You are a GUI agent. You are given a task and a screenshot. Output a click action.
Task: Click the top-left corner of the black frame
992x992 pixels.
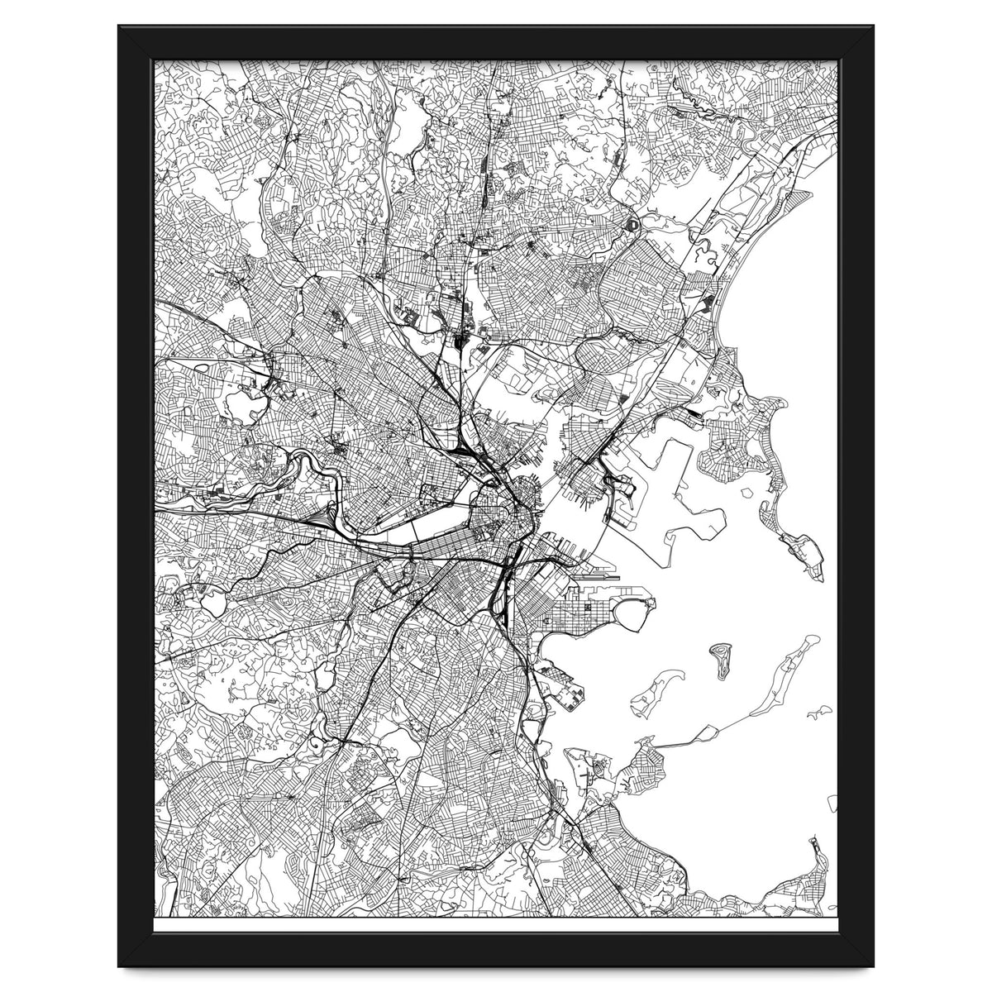point(120,27)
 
